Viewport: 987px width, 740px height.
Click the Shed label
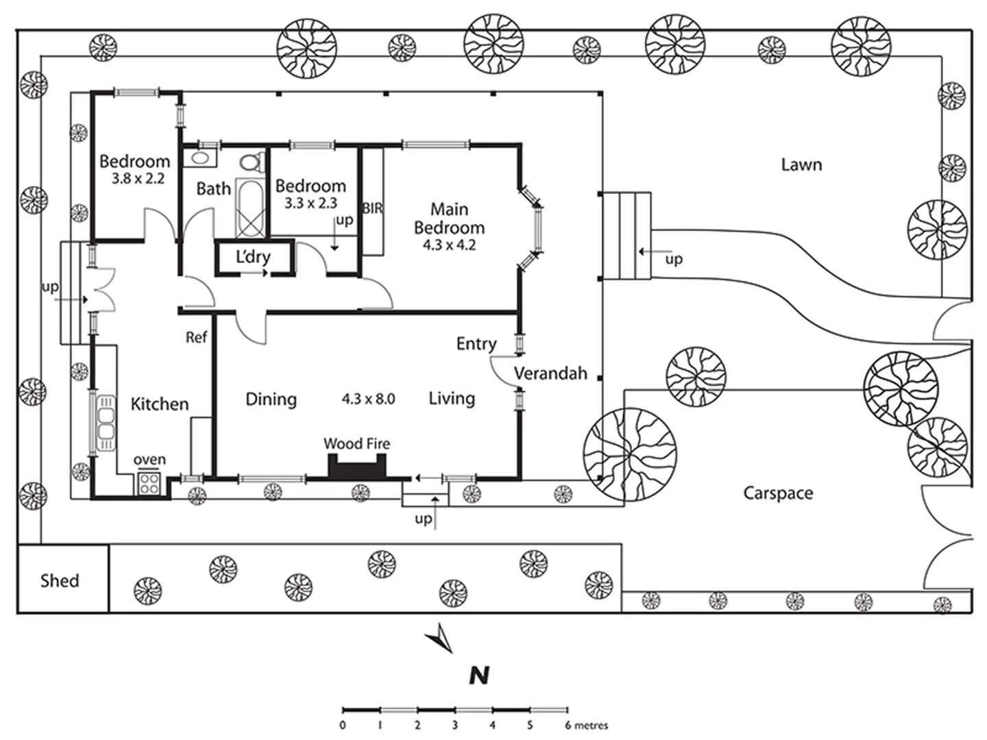point(60,580)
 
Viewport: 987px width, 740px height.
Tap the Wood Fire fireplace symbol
point(358,467)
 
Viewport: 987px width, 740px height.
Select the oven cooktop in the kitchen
point(149,484)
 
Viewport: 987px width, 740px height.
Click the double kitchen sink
point(106,423)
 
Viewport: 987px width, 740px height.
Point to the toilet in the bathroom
point(252,162)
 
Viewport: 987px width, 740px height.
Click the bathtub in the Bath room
point(250,208)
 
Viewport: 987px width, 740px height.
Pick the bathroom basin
point(199,158)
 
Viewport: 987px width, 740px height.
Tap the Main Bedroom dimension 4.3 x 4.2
point(449,245)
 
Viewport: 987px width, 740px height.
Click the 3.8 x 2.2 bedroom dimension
point(138,179)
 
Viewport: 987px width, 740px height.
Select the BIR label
point(373,208)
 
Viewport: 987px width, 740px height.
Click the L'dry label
point(253,257)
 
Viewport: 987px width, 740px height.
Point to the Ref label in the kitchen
point(197,337)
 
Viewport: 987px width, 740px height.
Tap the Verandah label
point(550,373)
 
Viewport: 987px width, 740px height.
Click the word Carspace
point(778,493)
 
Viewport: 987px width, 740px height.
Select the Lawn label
point(801,165)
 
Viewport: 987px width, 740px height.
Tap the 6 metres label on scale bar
point(586,725)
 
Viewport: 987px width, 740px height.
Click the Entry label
point(476,344)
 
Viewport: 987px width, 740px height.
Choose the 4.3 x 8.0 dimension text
point(368,399)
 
